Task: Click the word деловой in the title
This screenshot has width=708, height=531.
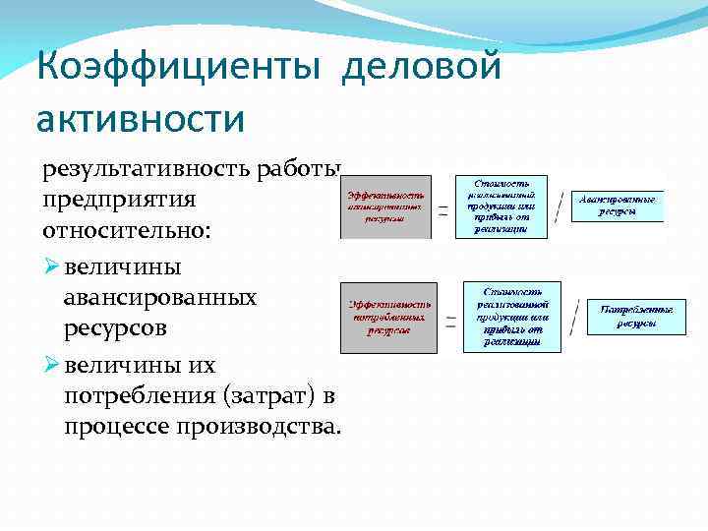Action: point(424,68)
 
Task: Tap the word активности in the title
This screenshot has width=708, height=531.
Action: point(140,117)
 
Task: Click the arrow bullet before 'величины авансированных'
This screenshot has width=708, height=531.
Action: point(51,265)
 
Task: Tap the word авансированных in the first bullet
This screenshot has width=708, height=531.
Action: point(160,297)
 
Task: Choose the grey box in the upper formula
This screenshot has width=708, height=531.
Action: point(385,207)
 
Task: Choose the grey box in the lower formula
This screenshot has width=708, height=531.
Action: point(388,317)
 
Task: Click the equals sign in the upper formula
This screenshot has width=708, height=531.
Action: point(442,209)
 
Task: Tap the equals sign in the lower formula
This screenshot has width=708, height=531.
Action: point(450,320)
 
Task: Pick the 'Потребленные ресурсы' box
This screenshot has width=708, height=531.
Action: point(636,317)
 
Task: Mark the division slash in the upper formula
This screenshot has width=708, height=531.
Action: point(559,206)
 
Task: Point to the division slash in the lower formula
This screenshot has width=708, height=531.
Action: point(573,319)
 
